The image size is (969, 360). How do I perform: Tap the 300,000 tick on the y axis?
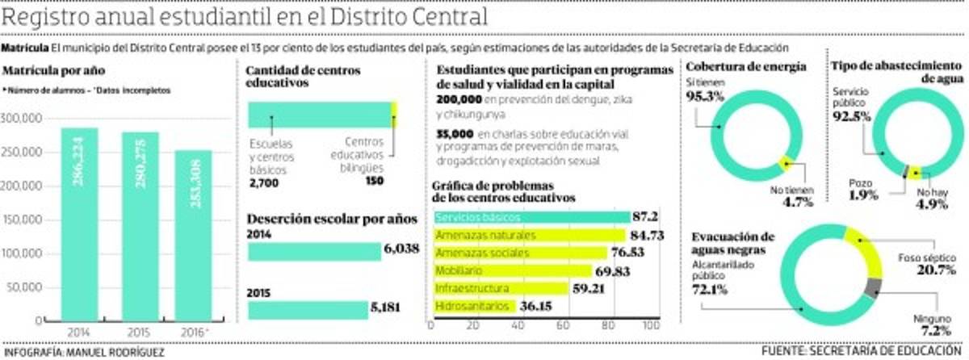(23, 119)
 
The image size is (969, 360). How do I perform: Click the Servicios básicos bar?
(531, 217)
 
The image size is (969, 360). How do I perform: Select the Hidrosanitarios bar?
(475, 307)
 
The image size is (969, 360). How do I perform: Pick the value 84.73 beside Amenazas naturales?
(651, 235)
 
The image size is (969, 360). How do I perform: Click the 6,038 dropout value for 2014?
(401, 249)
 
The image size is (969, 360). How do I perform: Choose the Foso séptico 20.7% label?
(927, 264)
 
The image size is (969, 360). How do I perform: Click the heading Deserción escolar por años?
(331, 219)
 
